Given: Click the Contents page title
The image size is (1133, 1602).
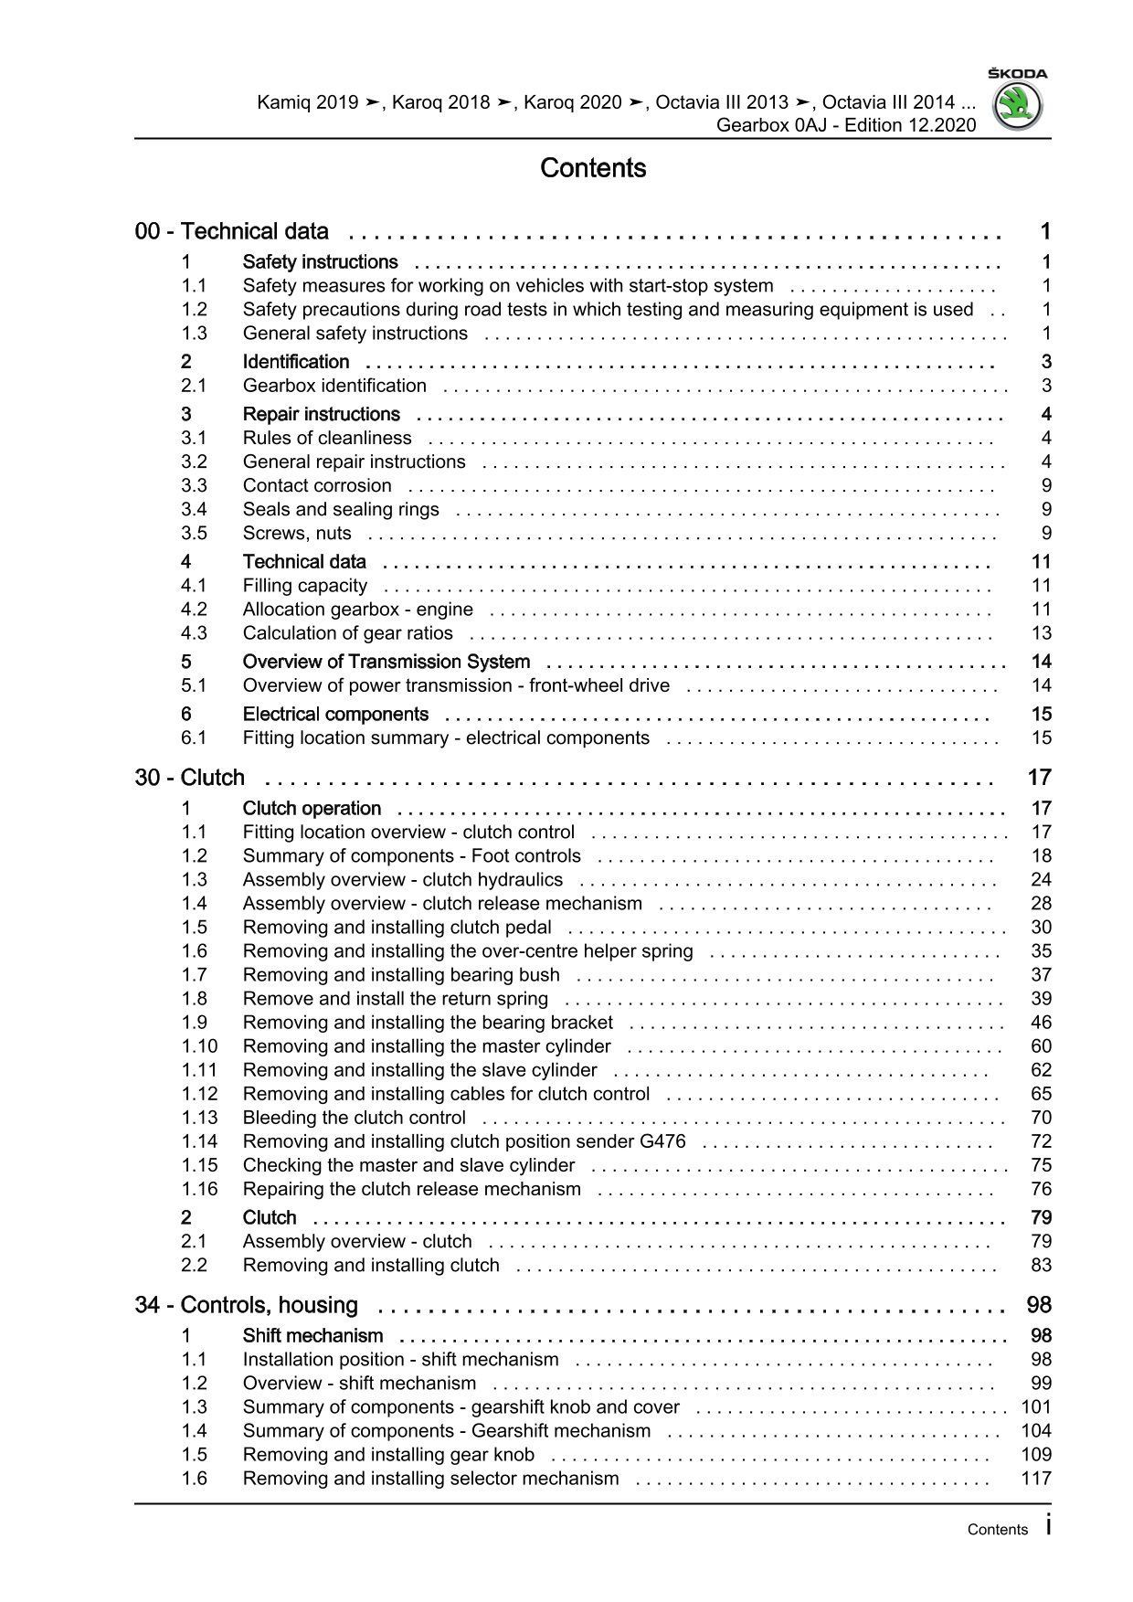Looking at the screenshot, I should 593,168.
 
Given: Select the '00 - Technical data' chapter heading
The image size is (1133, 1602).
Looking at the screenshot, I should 232,232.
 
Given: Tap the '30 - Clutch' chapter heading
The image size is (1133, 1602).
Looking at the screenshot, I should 190,778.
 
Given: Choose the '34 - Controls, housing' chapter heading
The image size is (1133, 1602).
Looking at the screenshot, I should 247,1305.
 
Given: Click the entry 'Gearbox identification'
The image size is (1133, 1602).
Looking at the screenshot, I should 334,386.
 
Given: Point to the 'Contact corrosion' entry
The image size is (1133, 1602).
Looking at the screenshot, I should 317,485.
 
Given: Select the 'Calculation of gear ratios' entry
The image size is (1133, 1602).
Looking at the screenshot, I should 347,633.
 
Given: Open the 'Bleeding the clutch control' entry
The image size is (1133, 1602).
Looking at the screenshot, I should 354,1118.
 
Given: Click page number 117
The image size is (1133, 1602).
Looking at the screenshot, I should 1036,1479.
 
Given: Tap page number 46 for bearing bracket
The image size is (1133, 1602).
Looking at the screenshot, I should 1041,1023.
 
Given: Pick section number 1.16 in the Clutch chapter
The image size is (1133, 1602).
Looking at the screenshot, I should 199,1189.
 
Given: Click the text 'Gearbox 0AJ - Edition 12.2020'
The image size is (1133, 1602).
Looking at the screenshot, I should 846,125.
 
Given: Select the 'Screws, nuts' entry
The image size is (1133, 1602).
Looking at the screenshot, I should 297,534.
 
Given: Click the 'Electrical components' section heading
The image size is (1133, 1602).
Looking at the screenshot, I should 335,714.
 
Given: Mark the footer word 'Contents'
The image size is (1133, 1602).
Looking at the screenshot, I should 997,1530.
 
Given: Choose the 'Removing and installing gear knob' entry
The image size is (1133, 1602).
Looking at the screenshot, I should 388,1455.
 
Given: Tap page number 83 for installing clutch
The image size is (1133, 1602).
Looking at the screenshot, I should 1041,1266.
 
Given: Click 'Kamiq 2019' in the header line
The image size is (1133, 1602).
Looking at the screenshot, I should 307,102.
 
